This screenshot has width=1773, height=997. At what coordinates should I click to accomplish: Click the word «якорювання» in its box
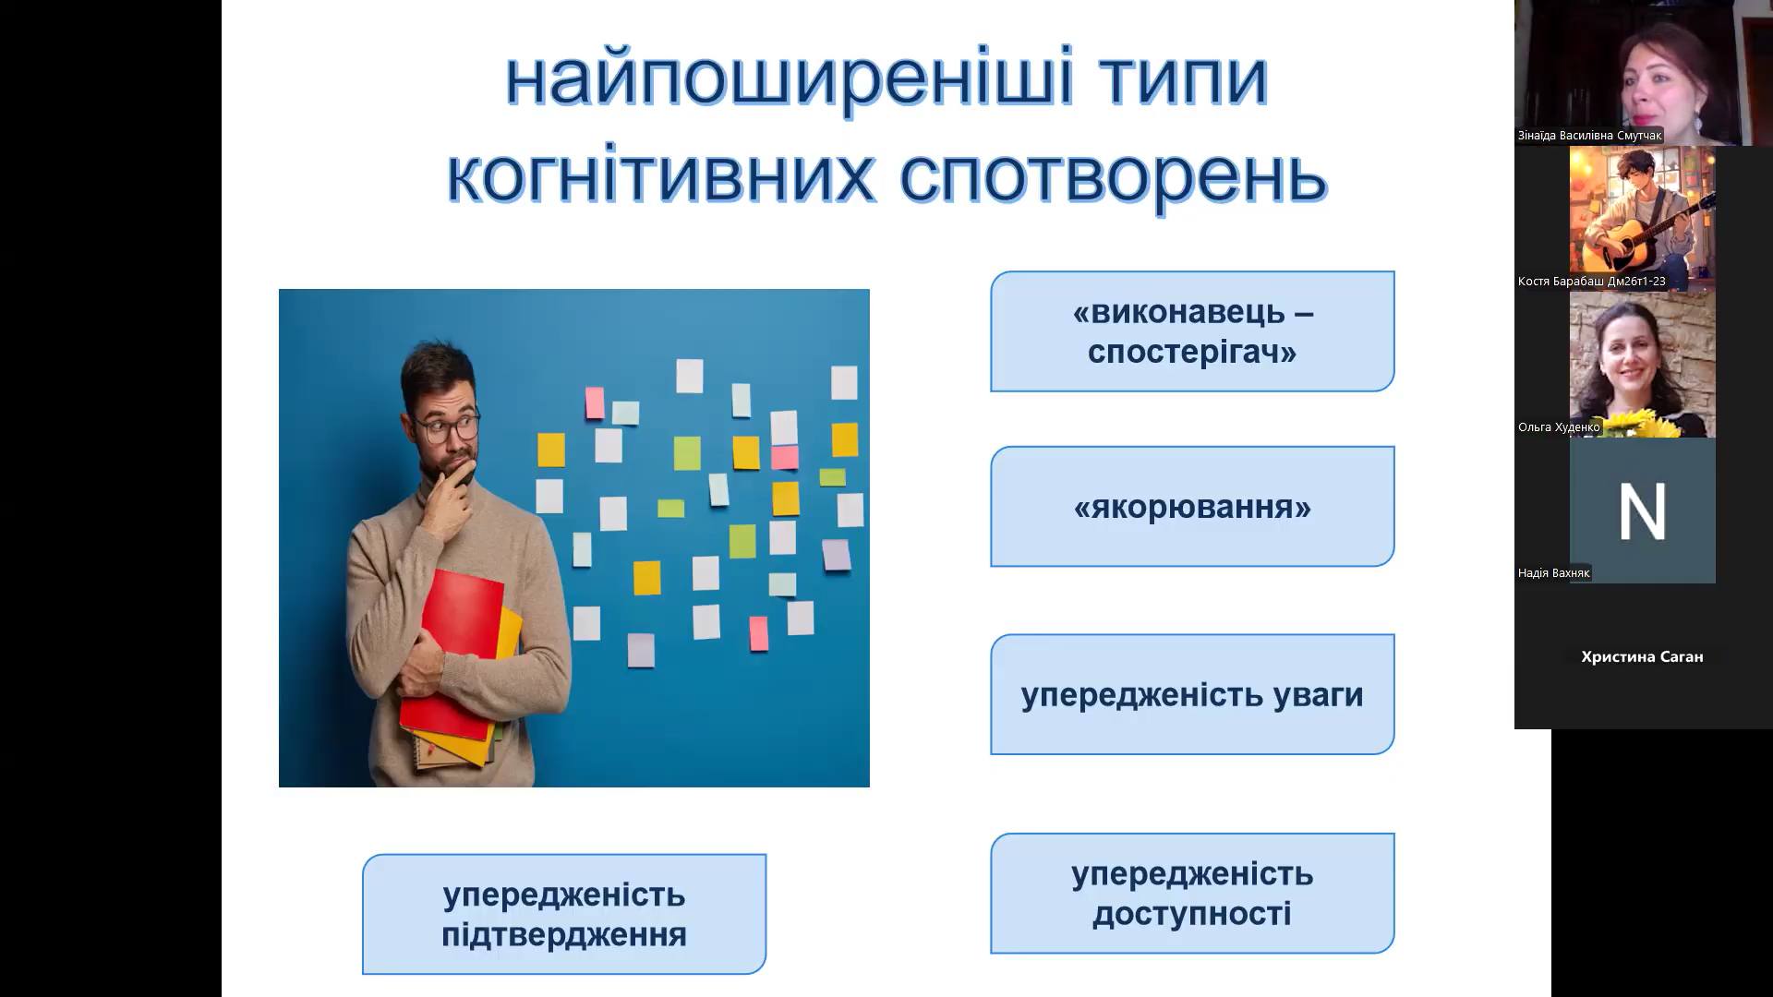point(1191,507)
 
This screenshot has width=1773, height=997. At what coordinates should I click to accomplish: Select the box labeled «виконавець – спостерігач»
point(1191,331)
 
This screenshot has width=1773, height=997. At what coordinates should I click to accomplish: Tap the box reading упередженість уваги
point(1191,695)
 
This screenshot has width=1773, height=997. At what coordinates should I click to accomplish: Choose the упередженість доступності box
point(1191,894)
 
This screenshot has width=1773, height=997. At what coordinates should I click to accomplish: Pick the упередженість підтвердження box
point(563,914)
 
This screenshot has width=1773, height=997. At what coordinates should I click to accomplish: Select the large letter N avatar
point(1642,511)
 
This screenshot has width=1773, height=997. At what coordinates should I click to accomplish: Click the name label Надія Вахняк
point(1554,573)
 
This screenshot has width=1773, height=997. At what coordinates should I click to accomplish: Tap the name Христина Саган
point(1642,657)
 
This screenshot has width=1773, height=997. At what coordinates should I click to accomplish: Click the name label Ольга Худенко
point(1559,427)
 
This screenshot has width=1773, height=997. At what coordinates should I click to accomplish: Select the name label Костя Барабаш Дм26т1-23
point(1592,282)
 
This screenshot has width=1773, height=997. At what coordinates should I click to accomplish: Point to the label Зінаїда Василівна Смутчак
point(1589,136)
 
